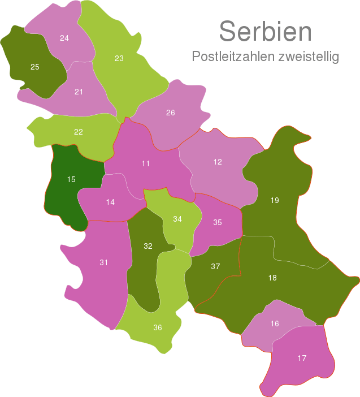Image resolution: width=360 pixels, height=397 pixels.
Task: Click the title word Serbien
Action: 265,32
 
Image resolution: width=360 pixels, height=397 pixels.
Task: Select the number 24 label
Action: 64,38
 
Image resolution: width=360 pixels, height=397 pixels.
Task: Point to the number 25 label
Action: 34,67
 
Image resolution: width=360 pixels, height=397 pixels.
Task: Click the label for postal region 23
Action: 119,58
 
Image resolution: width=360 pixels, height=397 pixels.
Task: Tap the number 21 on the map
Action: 79,92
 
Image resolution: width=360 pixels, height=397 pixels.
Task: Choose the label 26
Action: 170,113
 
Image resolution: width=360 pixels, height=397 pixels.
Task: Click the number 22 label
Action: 79,132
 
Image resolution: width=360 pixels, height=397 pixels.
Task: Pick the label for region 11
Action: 146,163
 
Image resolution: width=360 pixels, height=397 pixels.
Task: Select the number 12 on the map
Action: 218,162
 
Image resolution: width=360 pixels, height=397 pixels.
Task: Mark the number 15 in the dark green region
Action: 71,180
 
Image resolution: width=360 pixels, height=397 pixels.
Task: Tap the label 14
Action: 110,202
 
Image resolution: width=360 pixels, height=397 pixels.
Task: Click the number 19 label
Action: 275,200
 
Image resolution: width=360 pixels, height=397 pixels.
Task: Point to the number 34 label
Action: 177,219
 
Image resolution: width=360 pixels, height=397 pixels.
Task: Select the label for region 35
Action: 218,222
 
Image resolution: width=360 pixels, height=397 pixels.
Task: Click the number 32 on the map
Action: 148,246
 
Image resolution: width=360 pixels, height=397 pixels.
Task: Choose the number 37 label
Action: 215,266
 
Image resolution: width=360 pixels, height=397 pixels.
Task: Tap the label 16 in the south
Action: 275,323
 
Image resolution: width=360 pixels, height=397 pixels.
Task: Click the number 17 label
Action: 302,358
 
